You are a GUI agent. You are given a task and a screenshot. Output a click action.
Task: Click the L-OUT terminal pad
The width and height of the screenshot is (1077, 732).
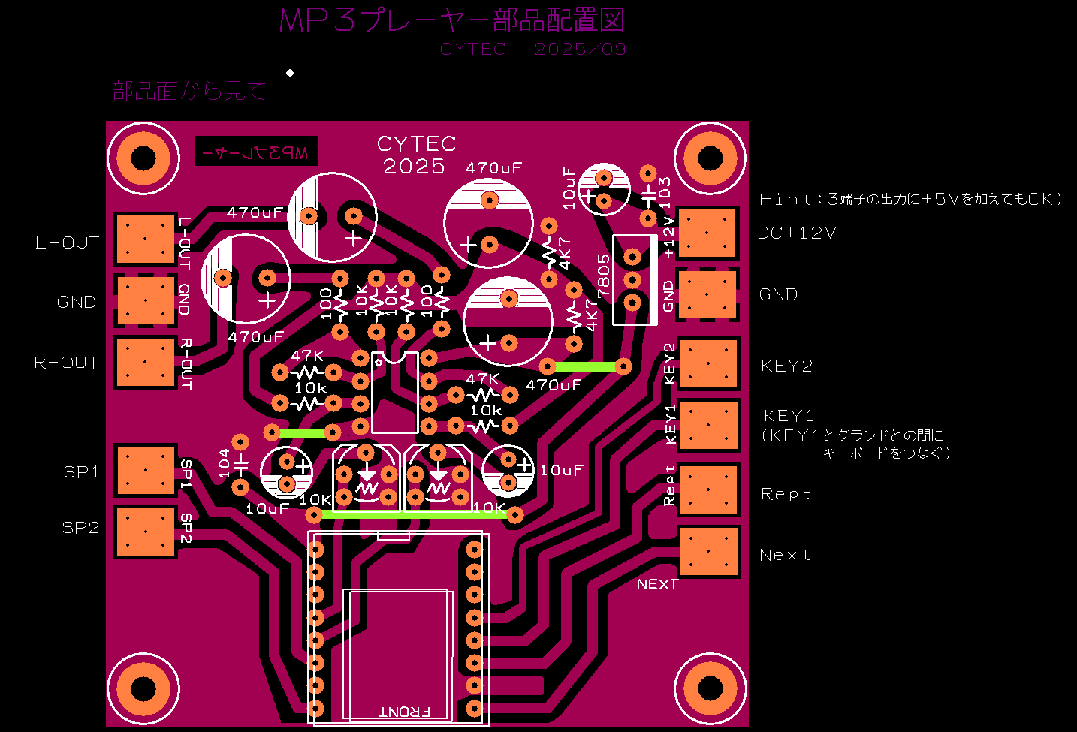point(146,239)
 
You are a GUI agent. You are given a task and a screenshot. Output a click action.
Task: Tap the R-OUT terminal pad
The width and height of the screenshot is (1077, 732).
point(146,362)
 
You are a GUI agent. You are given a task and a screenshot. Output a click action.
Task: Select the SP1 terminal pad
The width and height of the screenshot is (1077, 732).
point(146,470)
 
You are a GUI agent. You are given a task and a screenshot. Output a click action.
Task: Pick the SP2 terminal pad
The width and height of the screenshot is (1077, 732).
point(146,532)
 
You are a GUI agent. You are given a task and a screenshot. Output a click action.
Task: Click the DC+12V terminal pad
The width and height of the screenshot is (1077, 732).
point(707,233)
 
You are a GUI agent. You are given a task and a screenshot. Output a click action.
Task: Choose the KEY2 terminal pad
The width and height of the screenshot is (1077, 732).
point(709,364)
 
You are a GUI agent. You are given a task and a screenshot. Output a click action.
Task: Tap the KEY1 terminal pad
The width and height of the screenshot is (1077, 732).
point(709,425)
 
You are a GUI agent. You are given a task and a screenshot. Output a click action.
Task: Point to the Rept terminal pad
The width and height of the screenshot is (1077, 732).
point(709,490)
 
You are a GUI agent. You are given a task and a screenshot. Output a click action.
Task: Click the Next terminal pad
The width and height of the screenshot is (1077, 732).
point(709,551)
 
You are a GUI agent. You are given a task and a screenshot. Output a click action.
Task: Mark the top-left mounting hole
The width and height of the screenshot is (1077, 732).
point(143,158)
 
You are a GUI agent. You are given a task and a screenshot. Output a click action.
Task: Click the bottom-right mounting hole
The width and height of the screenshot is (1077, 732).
point(710,688)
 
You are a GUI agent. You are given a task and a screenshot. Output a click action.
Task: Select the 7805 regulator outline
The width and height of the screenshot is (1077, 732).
point(633,279)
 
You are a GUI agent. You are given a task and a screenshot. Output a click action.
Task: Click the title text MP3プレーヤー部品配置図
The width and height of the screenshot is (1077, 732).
point(451,20)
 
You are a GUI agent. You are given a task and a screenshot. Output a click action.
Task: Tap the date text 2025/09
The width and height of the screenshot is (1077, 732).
point(580,50)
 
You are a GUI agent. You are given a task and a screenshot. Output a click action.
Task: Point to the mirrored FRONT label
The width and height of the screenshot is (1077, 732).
point(405,711)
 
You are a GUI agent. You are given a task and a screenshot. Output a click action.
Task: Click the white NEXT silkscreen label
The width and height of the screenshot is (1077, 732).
point(657,584)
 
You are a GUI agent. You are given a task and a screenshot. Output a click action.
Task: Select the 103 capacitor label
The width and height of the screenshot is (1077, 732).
point(665,191)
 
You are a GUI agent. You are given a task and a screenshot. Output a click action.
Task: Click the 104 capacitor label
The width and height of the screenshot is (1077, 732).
point(224,463)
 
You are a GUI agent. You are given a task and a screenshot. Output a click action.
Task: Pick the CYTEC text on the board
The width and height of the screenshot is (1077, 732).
point(416,143)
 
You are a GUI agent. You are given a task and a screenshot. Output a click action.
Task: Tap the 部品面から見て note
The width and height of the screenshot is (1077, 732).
point(189,92)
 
